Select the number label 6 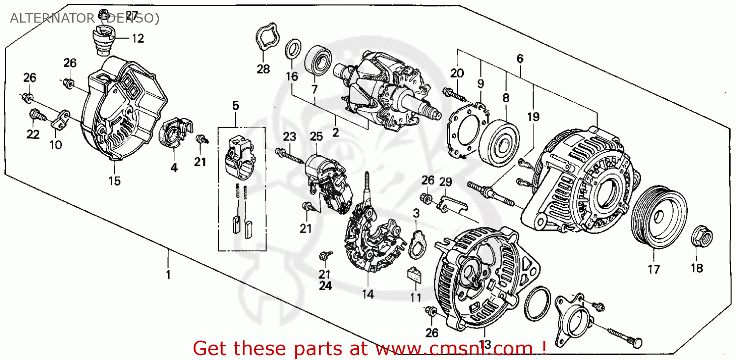520,59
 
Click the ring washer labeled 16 293,50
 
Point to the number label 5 235,105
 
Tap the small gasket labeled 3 418,243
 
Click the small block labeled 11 415,274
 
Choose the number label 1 168,275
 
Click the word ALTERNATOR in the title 52,19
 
